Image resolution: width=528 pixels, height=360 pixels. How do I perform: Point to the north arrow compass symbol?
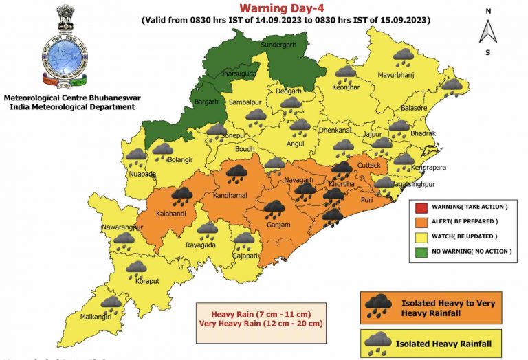[x=488, y=31]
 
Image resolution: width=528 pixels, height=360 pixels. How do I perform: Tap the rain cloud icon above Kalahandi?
[x=182, y=197]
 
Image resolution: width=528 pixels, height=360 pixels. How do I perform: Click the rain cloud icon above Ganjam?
[x=276, y=208]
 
